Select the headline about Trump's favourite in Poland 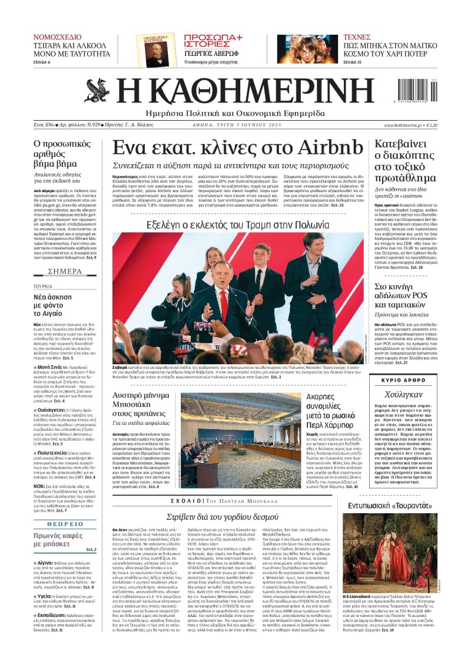coord(238,224)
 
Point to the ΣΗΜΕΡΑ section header coord(65,272)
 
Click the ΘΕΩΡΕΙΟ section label coord(65,506)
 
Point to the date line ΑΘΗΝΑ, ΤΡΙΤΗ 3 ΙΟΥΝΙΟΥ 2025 coord(238,126)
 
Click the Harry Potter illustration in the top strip coord(313,48)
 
